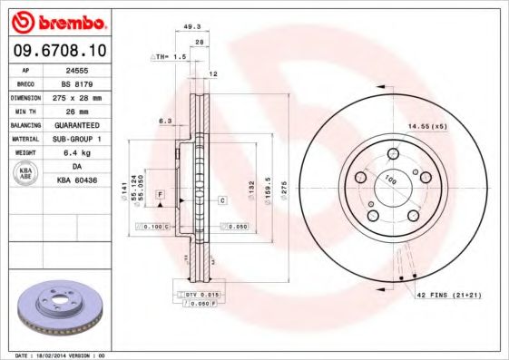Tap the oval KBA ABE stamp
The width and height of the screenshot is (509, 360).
click(x=24, y=175)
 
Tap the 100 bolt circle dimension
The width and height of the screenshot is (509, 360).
click(x=390, y=180)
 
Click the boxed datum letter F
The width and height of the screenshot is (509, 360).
click(x=160, y=195)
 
